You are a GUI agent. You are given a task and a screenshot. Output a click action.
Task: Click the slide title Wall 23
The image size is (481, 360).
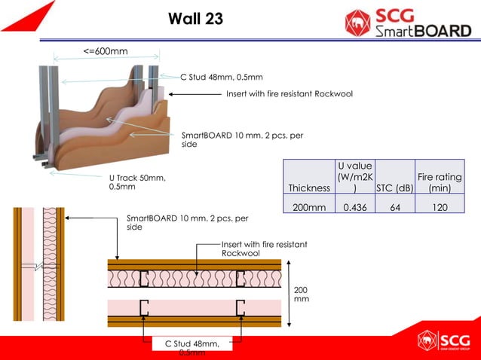(195, 20)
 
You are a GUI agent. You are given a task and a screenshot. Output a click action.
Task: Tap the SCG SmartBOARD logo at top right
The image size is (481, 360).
(407, 23)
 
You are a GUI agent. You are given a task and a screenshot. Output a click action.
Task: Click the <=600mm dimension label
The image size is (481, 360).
(106, 51)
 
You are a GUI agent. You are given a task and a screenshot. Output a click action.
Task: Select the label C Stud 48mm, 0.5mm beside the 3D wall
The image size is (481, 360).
(222, 77)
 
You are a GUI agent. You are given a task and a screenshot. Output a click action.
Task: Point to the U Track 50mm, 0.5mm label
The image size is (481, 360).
(137, 182)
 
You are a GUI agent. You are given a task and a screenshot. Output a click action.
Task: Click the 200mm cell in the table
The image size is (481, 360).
(309, 207)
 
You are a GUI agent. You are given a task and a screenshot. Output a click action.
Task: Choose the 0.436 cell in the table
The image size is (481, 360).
(351, 207)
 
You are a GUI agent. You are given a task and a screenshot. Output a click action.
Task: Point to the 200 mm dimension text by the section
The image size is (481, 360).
(302, 294)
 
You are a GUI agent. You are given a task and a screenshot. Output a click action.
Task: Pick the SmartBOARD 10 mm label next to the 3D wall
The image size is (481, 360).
(241, 140)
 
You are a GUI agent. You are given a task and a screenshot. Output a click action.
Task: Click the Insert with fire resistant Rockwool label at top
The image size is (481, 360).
(290, 94)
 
